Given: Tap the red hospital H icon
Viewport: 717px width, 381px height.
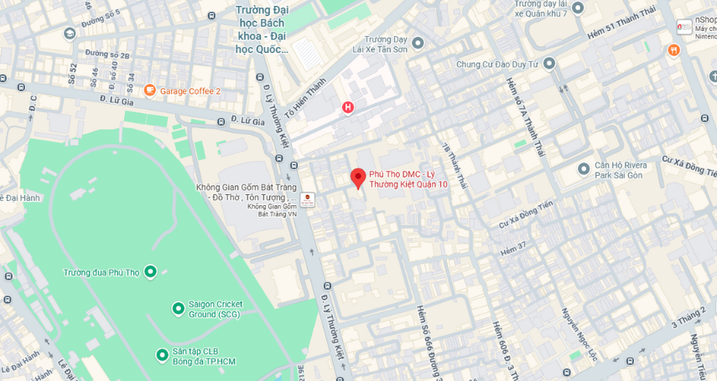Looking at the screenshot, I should (348, 107).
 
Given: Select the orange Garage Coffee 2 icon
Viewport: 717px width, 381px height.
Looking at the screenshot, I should (150, 90).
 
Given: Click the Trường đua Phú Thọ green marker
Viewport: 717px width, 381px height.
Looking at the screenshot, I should (150, 271).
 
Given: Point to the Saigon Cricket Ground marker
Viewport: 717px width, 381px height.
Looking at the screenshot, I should (178, 308).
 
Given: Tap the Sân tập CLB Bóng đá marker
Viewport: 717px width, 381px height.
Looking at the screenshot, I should (162, 355).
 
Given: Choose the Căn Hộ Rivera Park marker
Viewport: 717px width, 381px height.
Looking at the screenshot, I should (584, 169).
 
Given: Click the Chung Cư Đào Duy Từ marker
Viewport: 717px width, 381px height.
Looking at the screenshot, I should (549, 64).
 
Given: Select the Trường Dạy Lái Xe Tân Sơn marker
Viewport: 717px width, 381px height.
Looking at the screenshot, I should (418, 44).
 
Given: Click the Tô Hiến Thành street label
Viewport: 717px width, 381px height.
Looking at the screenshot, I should (304, 98).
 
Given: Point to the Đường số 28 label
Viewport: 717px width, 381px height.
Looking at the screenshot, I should (107, 54).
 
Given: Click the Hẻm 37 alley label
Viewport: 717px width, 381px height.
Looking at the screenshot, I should (513, 248).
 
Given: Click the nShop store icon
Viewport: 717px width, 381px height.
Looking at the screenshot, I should (684, 27).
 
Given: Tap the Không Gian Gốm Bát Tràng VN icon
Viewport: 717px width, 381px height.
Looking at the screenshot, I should (308, 200).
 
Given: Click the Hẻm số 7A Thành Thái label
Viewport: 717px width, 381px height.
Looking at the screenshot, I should (520, 117).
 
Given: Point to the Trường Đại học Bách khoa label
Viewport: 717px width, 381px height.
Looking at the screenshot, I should (262, 29).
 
